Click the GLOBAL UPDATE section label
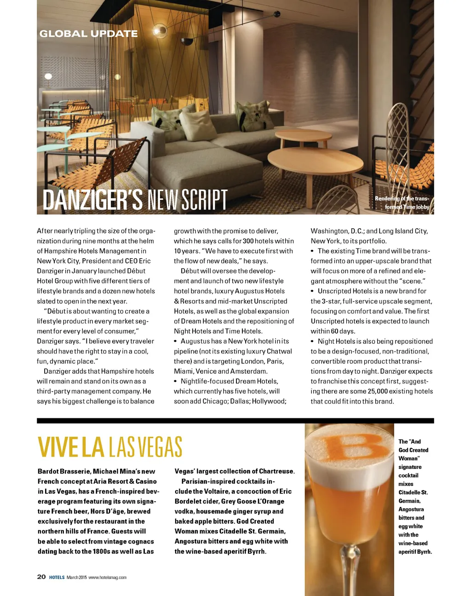(88, 34)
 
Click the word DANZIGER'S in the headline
(92, 200)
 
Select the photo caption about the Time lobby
(402, 203)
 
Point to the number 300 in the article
(248, 241)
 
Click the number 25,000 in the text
(378, 392)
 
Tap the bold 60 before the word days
(334, 331)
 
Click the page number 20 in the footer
(41, 577)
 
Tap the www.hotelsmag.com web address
(107, 578)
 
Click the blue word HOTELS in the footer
(57, 578)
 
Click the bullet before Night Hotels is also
(313, 341)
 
